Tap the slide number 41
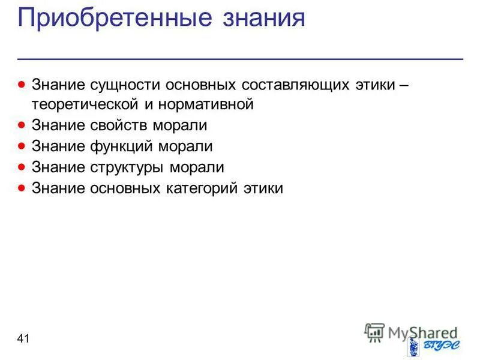click(x=23, y=340)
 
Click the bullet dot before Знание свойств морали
click(x=22, y=125)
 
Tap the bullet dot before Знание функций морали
click(x=22, y=146)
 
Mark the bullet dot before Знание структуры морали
click(x=22, y=167)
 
